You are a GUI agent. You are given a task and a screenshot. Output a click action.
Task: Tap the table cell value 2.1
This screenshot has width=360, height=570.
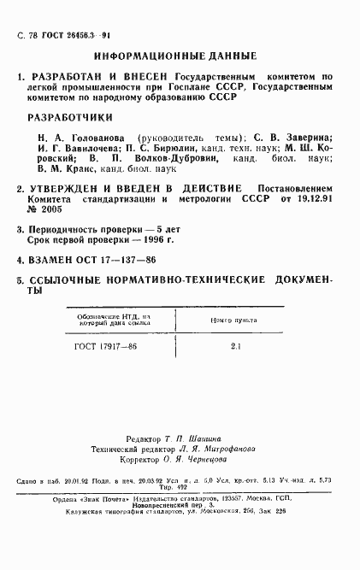tap(236, 346)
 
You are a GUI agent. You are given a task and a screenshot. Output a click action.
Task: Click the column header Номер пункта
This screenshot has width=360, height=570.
tap(235, 320)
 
